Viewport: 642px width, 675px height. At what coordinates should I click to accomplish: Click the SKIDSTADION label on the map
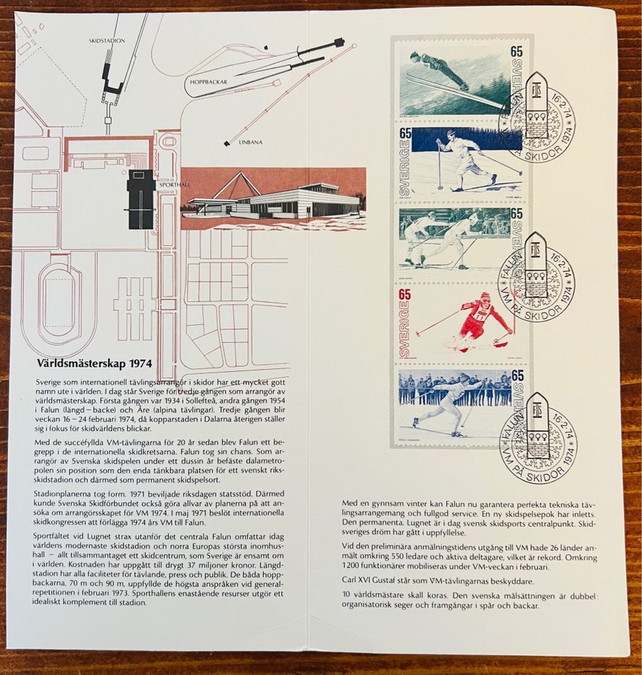(x=106, y=41)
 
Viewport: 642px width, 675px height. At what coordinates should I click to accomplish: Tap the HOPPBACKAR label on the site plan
(x=208, y=81)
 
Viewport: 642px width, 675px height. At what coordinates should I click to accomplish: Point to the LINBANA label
(x=250, y=142)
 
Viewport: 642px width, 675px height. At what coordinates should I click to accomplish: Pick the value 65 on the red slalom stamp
(x=404, y=295)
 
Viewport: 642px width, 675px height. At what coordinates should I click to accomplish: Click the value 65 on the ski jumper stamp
(x=516, y=52)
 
